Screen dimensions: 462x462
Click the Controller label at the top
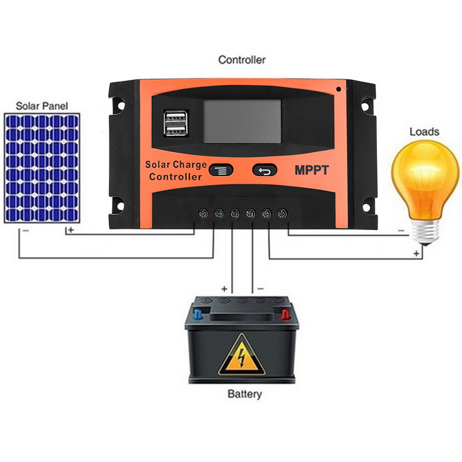click(x=241, y=60)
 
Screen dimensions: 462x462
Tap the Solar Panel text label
click(x=42, y=106)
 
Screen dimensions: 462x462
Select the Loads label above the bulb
click(x=424, y=132)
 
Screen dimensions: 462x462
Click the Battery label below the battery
click(x=244, y=394)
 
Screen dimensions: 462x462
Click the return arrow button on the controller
click(x=263, y=169)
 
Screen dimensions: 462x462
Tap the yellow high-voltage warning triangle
click(x=240, y=356)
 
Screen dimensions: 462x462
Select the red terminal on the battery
click(x=284, y=311)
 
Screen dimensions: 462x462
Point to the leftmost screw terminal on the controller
click(x=203, y=214)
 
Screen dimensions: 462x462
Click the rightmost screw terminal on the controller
click(x=282, y=214)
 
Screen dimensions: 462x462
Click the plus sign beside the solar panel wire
click(x=71, y=230)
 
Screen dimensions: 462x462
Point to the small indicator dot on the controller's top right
click(x=338, y=89)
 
